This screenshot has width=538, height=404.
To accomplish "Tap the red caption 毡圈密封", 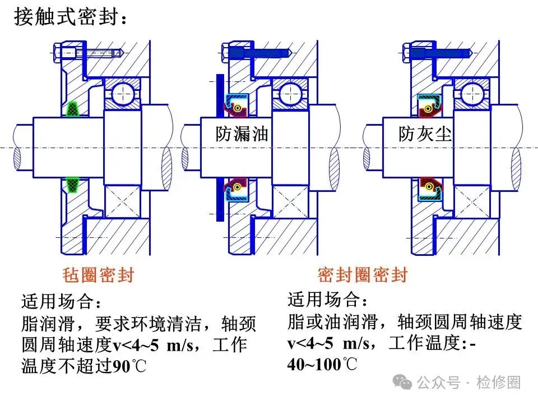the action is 98,275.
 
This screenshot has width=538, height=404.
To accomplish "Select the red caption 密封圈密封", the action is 363,275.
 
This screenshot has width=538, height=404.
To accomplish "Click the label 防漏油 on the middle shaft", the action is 242,134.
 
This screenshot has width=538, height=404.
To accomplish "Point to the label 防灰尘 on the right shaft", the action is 425,134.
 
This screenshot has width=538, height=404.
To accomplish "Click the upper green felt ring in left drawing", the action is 72,109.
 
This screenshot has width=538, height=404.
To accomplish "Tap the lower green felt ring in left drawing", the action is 72,185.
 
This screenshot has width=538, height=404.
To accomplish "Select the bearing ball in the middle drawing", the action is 290,94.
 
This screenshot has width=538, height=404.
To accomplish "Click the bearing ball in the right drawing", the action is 472,94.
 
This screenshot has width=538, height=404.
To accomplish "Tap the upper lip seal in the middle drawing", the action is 236,105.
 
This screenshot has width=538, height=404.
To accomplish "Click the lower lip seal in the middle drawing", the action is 236,190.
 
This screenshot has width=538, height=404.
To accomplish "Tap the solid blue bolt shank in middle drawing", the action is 259,53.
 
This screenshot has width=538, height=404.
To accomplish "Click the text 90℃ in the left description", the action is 129,366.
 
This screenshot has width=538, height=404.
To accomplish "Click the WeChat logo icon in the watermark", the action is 402,382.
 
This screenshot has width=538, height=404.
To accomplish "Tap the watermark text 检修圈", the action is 499,382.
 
